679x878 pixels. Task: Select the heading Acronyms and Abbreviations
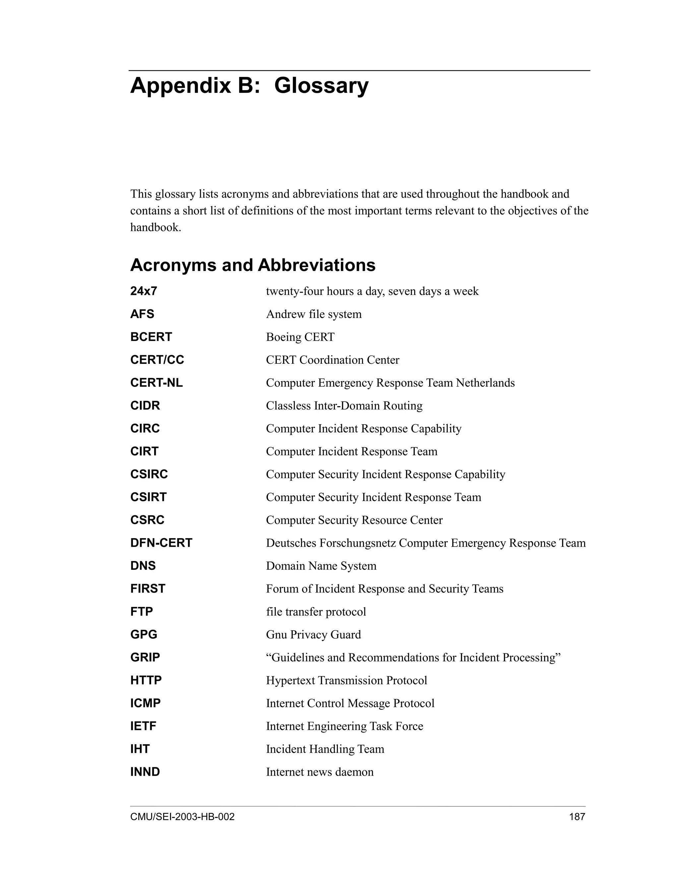click(x=253, y=265)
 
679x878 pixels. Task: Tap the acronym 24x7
click(x=143, y=291)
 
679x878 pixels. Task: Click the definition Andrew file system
click(x=314, y=314)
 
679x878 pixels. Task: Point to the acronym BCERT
click(x=151, y=337)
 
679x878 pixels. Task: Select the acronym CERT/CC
click(x=157, y=360)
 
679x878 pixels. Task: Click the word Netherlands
click(x=485, y=383)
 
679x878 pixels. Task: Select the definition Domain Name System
click(x=321, y=566)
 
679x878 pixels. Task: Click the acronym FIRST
click(x=148, y=589)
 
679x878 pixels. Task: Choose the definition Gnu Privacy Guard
click(x=313, y=635)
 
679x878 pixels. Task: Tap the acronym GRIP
click(x=145, y=658)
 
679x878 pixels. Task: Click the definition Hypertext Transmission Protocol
click(x=346, y=681)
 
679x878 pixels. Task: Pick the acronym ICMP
click(x=145, y=703)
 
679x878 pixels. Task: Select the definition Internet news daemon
click(x=320, y=772)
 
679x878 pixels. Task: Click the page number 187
click(x=577, y=817)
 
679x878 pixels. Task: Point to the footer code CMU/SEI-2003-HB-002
click(x=182, y=817)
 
